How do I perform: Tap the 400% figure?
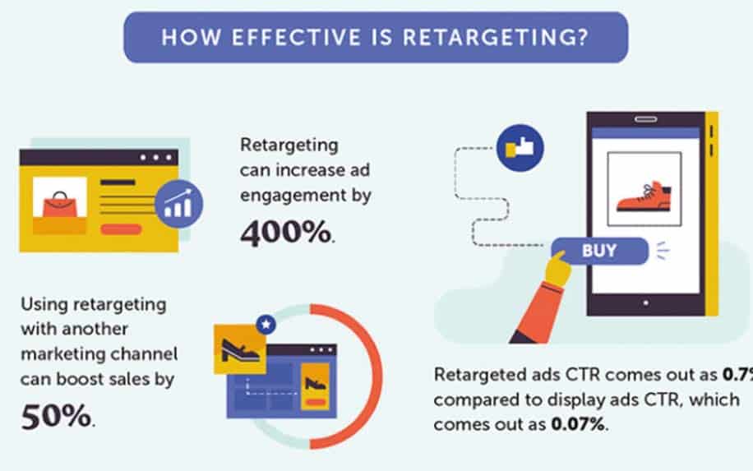tap(285, 233)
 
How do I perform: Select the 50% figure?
tap(56, 416)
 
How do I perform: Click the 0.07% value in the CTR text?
tap(578, 424)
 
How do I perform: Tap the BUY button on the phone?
tap(599, 251)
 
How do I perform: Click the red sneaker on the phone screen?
tap(644, 196)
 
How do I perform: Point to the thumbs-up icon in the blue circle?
tap(520, 148)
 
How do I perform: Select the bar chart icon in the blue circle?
tap(178, 204)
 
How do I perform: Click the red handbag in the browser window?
tap(60, 206)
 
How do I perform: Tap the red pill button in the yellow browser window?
tap(121, 229)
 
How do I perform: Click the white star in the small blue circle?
tap(266, 325)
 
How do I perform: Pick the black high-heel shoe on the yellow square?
tap(240, 350)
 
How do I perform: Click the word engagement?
tap(293, 196)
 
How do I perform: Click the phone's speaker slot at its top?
tap(646, 119)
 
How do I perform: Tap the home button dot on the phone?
tap(646, 303)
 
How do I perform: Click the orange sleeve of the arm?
tap(539, 312)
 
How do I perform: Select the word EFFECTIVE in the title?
tap(296, 38)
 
